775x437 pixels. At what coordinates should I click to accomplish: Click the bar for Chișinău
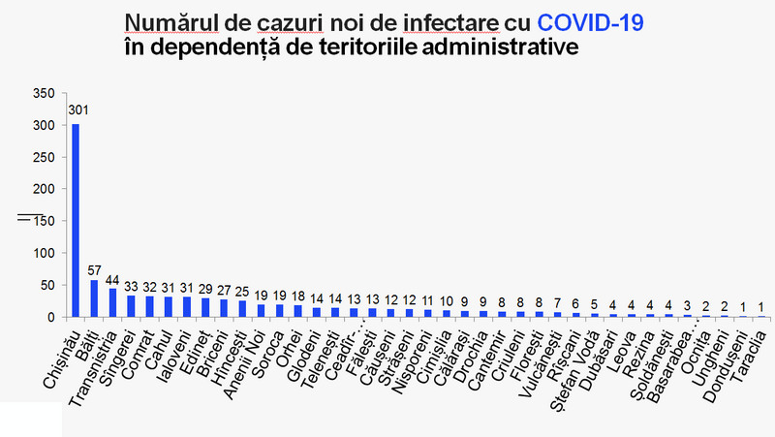[76, 220]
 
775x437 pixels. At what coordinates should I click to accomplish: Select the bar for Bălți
[94, 298]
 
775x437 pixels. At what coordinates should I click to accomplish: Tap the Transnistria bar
[112, 302]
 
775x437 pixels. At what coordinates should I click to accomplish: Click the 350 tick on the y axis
[42, 94]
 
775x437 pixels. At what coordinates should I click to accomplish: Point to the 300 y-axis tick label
[42, 126]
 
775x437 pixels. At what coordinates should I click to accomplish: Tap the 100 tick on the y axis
[42, 253]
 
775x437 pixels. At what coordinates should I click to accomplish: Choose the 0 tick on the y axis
[50, 317]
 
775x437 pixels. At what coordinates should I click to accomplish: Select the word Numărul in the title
[165, 22]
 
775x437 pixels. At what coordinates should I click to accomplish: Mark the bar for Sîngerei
[131, 306]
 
